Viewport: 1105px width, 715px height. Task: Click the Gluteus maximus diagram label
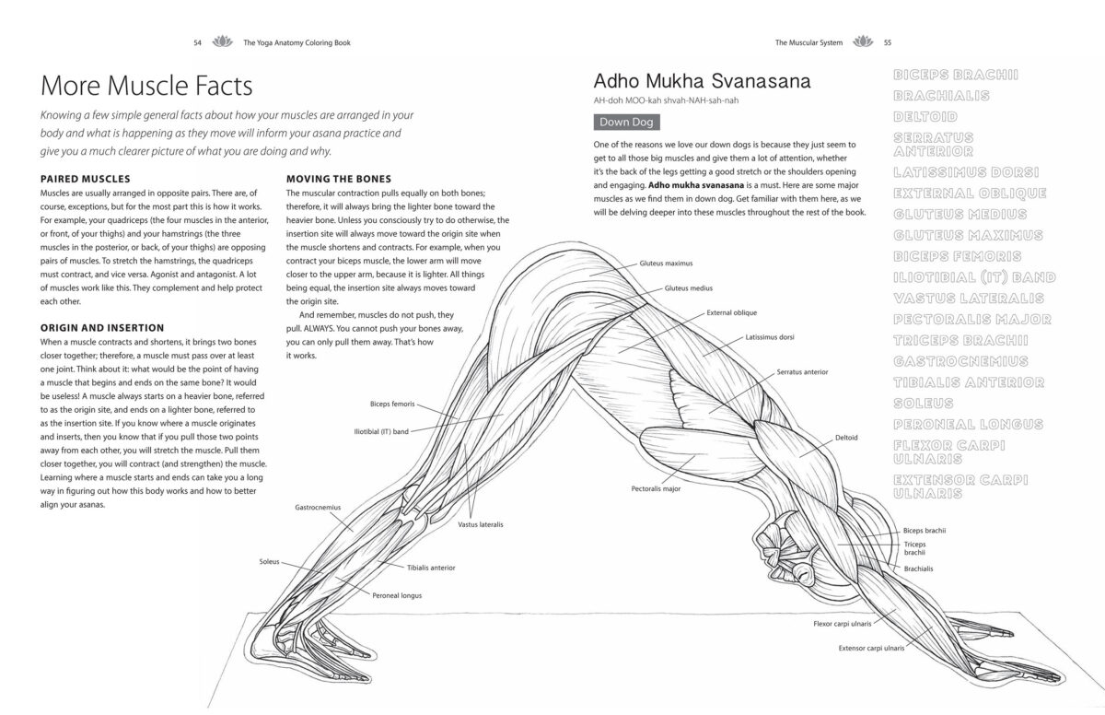pyautogui.click(x=666, y=264)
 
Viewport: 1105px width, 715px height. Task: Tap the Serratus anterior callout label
pyautogui.click(x=802, y=372)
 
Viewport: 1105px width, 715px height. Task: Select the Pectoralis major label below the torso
pyautogui.click(x=656, y=488)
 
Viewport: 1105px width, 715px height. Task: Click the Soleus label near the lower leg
pyautogui.click(x=269, y=561)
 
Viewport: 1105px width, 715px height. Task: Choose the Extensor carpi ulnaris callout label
pyautogui.click(x=870, y=648)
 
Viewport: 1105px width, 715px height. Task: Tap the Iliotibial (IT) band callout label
pyautogui.click(x=381, y=430)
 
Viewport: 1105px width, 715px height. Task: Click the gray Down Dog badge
pyautogui.click(x=626, y=122)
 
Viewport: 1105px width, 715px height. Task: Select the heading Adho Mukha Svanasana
pyautogui.click(x=703, y=80)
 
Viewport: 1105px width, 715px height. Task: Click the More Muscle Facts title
pyautogui.click(x=147, y=87)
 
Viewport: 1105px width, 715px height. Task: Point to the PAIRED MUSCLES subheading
pyautogui.click(x=86, y=178)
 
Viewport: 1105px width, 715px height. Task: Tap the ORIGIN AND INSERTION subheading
pyautogui.click(x=103, y=327)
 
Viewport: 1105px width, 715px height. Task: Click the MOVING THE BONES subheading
pyautogui.click(x=339, y=178)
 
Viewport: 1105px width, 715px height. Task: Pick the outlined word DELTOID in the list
pyautogui.click(x=925, y=117)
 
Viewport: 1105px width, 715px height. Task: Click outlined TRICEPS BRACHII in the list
pyautogui.click(x=960, y=340)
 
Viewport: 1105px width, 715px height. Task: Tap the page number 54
pyautogui.click(x=197, y=42)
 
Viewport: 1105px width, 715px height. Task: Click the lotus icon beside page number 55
pyautogui.click(x=863, y=42)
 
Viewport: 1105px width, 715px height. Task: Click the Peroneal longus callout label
pyautogui.click(x=397, y=595)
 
